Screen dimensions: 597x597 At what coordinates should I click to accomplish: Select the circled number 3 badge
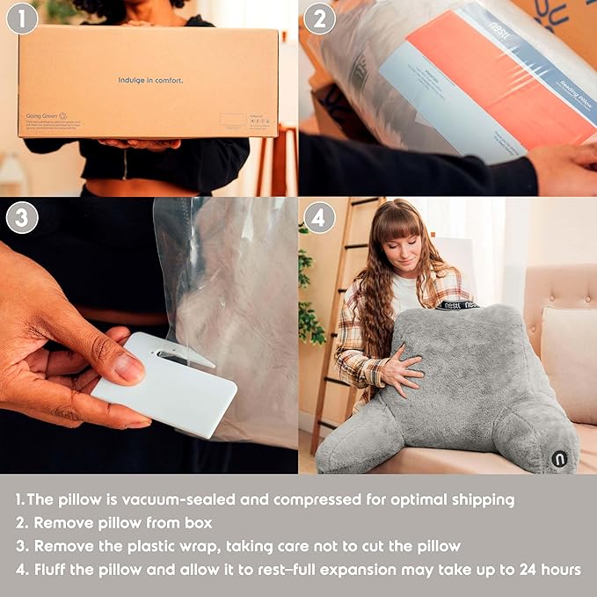tap(22, 217)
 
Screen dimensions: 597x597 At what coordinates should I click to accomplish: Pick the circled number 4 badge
tap(319, 217)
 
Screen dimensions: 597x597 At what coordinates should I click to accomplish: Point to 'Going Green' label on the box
tap(41, 115)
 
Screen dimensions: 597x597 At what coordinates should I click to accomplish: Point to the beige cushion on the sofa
tap(569, 360)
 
